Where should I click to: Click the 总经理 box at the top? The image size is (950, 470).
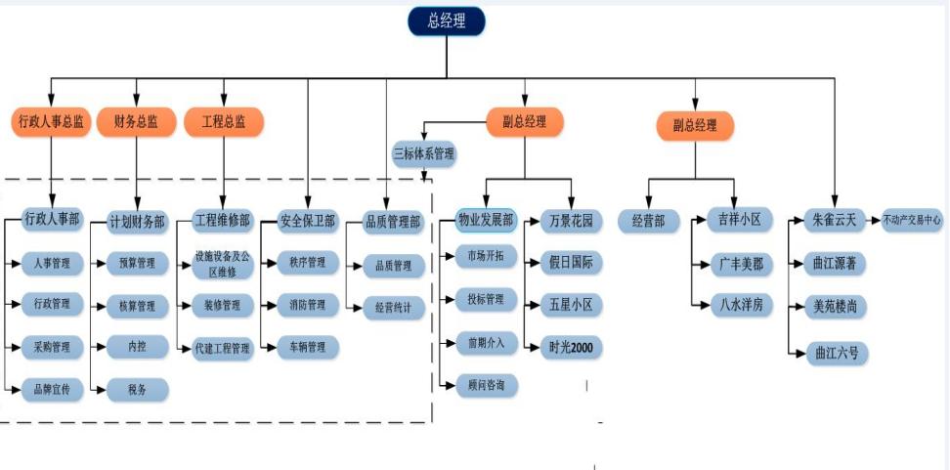(x=446, y=21)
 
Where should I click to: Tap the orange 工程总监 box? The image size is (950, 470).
(x=224, y=122)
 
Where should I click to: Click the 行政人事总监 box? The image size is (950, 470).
(x=51, y=122)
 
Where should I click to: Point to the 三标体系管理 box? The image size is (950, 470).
(x=424, y=153)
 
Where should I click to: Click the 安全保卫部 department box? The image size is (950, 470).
(x=307, y=221)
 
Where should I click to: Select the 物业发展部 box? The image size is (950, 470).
(x=486, y=220)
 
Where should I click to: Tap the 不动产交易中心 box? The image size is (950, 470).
(x=912, y=220)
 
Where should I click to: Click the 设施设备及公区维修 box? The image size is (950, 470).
(x=223, y=263)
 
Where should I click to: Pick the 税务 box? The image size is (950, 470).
(x=137, y=390)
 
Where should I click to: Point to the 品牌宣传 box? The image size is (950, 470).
(x=52, y=390)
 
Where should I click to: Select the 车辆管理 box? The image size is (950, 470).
(x=307, y=347)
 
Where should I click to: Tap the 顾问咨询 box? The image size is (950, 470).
(x=486, y=386)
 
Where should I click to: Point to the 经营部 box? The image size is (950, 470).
(x=648, y=221)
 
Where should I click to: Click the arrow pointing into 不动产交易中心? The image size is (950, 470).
(x=875, y=220)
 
